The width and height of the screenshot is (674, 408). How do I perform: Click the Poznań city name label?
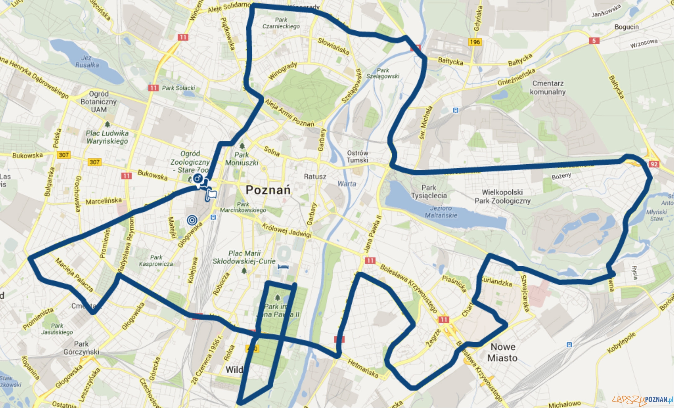pos(268,190)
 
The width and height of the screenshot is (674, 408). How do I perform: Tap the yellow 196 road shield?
pos(475,42)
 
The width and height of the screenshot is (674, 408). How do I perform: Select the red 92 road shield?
pos(654,164)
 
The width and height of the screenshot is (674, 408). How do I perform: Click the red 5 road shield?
pos(594,41)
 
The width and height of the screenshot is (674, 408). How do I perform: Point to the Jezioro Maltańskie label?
pos(441,212)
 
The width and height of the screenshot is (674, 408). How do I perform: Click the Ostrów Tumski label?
pos(357,157)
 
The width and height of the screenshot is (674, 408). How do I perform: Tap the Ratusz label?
pos(315,177)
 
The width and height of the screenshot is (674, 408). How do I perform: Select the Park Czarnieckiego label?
pos(281,23)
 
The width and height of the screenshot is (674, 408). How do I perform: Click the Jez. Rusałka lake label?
pos(87,61)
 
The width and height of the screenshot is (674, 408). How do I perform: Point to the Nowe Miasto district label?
pos(502,352)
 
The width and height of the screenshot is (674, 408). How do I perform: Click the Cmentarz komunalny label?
pos(548,87)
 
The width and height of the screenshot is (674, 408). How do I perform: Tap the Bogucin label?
pos(627,27)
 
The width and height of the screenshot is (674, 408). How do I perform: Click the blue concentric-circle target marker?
pos(192,220)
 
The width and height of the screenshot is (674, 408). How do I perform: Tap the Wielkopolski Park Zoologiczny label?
pos(502,197)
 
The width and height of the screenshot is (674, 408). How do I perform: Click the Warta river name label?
pos(346,184)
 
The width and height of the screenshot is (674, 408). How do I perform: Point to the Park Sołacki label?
pos(178,88)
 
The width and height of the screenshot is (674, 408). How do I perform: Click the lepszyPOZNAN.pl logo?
pos(642,400)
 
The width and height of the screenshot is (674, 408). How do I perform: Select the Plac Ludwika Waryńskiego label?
pos(107,137)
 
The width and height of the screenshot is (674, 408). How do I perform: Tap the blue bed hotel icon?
pos(283,267)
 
